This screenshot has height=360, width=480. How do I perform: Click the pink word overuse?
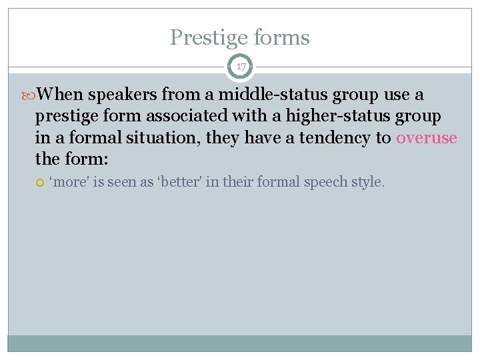pyautogui.click(x=427, y=138)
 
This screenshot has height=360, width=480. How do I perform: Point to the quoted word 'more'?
pyautogui.click(x=69, y=182)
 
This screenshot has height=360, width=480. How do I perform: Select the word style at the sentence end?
pyautogui.click(x=369, y=182)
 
